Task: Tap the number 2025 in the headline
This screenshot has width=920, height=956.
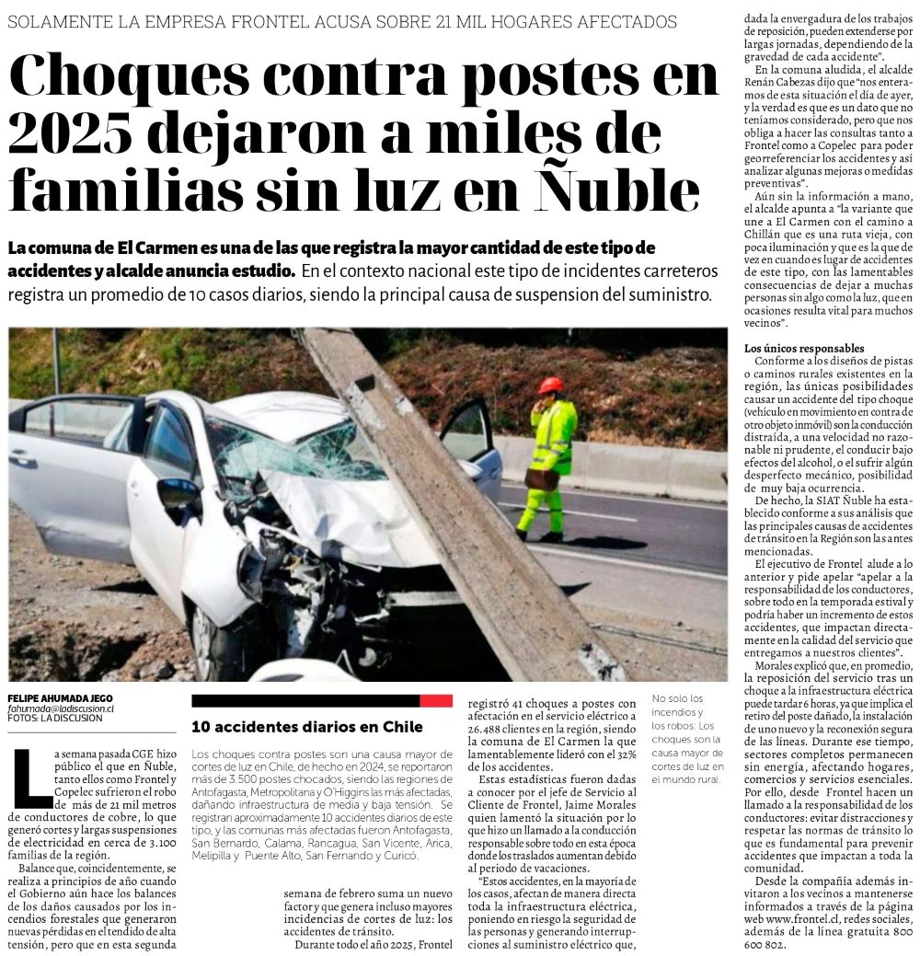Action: pos(69,134)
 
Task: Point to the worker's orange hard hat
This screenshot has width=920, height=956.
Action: pos(551,385)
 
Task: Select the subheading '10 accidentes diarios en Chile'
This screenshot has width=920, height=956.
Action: pos(307,726)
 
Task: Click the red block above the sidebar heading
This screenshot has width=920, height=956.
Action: pos(435,701)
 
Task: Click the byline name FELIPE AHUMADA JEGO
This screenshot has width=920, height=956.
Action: pos(61,697)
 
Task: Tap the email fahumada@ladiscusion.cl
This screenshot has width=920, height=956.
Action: pos(61,708)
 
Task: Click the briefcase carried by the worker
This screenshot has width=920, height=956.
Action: pos(541,478)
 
